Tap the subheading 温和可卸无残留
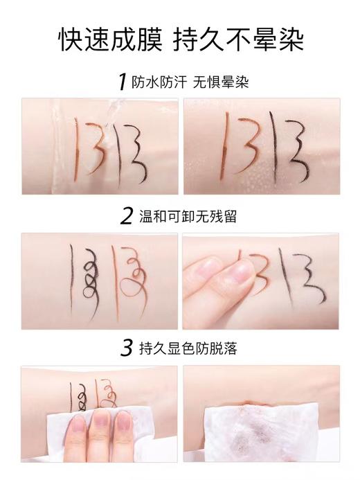click(187, 216)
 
